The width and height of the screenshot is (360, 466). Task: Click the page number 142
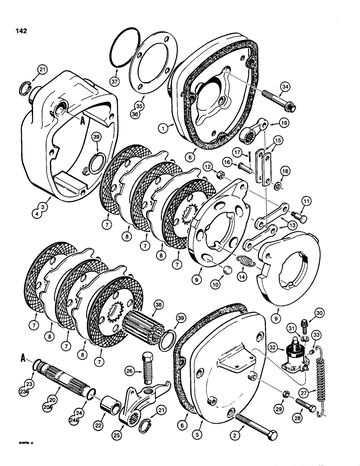[x=20, y=31]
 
